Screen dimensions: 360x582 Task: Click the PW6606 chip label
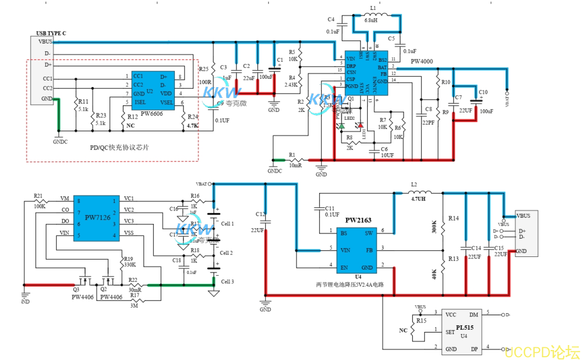point(151,114)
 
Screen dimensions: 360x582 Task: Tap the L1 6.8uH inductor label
point(373,20)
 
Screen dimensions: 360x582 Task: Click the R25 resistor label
point(203,69)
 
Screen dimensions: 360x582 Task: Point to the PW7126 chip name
point(98,218)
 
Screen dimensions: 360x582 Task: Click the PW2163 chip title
point(358,220)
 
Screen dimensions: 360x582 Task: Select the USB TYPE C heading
point(51,34)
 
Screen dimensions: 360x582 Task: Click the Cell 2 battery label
point(227,252)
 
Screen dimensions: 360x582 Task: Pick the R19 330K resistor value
point(129,265)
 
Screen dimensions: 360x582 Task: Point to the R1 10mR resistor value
point(295,165)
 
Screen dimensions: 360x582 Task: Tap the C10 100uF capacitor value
point(487,111)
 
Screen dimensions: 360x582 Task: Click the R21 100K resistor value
point(39,206)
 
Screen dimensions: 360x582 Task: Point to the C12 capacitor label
point(261,214)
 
